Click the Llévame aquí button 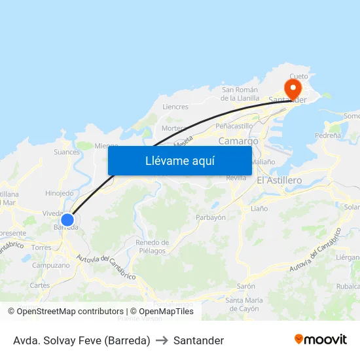point(179,160)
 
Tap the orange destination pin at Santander point(292,88)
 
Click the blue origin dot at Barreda point(67,219)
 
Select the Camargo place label point(238,141)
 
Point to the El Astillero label point(279,180)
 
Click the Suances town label point(67,153)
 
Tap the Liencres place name point(175,107)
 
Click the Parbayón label point(211,217)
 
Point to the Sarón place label point(245,286)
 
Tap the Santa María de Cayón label point(242,304)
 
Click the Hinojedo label point(60,193)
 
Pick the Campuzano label point(51,265)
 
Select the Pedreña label point(327,135)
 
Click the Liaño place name point(259,208)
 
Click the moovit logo point(321,340)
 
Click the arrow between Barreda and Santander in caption point(162,340)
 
